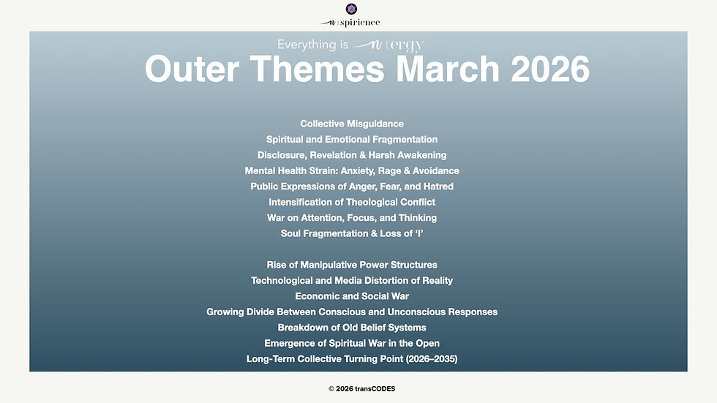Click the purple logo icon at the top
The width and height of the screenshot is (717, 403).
point(351,9)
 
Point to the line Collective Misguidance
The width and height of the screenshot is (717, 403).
point(352,124)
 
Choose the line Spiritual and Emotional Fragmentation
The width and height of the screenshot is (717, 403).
point(352,139)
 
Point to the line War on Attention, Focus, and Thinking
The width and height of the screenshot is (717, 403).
point(352,218)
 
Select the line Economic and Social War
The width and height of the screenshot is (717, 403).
point(352,296)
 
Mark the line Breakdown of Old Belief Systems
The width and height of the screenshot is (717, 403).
point(352,328)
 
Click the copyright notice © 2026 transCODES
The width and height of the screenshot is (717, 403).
point(361,389)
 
